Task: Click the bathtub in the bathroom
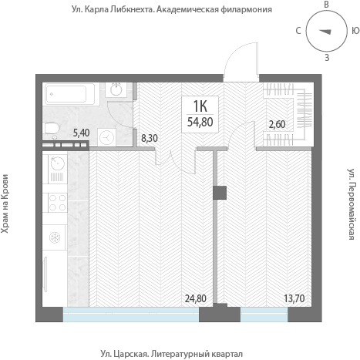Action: tap(69, 94)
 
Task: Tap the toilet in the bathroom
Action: tap(52, 128)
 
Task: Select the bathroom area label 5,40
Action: tap(81, 133)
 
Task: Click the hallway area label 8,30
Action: tap(150, 138)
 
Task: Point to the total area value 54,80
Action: tap(200, 122)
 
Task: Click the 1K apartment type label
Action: tap(200, 106)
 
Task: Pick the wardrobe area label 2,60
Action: tap(277, 124)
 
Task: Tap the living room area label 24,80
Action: tap(196, 298)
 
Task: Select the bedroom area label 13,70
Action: tap(294, 298)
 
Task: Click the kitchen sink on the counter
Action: tap(58, 163)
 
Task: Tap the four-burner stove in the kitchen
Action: tap(57, 203)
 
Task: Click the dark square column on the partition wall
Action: tap(220, 193)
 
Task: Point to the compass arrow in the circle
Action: tap(325, 32)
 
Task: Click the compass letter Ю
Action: tap(355, 31)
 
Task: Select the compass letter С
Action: tap(298, 31)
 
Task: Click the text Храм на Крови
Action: tap(5, 204)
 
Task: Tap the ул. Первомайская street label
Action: tap(352, 204)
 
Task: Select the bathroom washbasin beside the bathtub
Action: tap(116, 89)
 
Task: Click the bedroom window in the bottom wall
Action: tap(264, 315)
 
